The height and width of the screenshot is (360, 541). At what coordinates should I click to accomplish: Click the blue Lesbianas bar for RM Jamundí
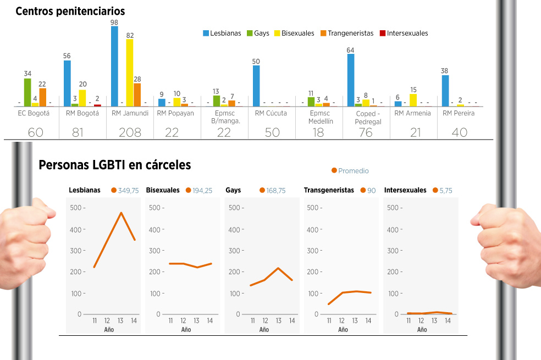point(114,66)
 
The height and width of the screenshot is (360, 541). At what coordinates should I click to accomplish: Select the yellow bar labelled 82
point(130,73)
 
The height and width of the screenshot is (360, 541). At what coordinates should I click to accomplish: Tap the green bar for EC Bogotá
point(27,92)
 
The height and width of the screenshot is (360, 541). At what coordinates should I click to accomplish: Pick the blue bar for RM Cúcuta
point(256,86)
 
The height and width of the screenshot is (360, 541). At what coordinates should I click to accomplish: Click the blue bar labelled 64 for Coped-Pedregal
point(351,80)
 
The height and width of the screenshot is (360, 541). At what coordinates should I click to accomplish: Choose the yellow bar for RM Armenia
point(413,101)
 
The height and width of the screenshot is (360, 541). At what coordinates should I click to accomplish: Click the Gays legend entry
point(258,33)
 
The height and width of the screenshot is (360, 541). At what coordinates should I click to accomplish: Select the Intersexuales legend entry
point(404,33)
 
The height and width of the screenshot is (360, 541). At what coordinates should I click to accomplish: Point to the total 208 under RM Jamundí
point(130,132)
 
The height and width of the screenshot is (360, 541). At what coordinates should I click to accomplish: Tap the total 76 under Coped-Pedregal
point(366,132)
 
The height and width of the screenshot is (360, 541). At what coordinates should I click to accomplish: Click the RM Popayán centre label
point(175,113)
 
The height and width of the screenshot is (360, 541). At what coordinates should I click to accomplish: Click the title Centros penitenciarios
point(70,12)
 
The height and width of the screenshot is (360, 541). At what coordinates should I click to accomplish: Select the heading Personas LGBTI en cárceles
point(115,165)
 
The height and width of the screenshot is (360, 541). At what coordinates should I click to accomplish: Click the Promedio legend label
point(354,171)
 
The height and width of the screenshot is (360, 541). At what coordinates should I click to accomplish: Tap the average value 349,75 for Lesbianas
point(128,190)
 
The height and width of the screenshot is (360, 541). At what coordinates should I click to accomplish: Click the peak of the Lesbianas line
point(121,213)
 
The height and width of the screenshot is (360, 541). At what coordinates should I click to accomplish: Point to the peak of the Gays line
point(278,268)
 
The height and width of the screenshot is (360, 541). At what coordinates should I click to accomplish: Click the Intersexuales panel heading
point(405,190)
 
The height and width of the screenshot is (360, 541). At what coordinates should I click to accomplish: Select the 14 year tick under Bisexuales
point(210,320)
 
